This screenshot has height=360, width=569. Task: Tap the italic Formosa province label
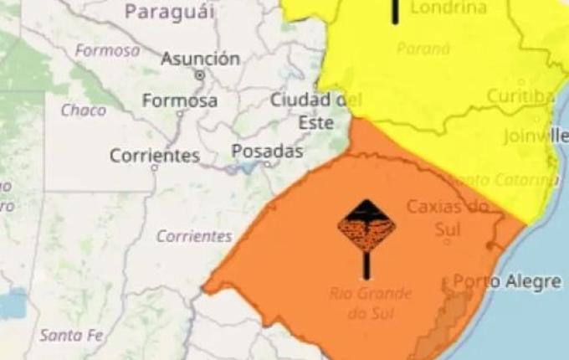108,50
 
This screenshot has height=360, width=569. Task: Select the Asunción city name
200,59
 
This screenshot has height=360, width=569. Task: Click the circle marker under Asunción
199,75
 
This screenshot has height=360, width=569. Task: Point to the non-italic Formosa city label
180,101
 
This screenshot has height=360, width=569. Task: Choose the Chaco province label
83,110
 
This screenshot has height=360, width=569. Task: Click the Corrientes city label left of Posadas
155,156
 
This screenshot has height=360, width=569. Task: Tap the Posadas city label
267,152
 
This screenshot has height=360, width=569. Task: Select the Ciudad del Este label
310,111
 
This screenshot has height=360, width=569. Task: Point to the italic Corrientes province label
193,236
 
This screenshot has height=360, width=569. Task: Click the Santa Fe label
71,335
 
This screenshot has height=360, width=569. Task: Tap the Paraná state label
423,49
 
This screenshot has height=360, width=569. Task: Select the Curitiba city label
520,96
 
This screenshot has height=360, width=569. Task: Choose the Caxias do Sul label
447,215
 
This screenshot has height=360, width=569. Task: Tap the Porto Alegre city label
507,281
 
